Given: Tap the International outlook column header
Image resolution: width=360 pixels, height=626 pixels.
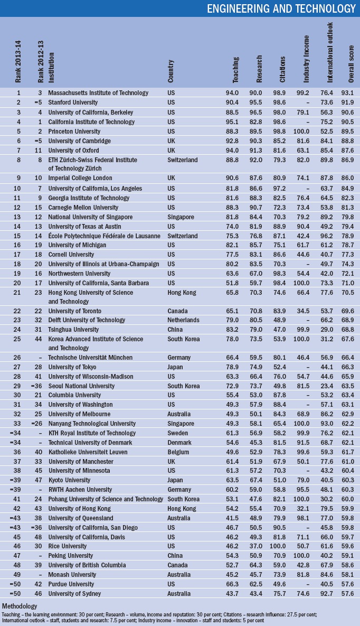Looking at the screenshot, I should [x=330, y=52].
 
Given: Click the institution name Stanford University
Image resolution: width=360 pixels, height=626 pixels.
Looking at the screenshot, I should [x=73, y=102].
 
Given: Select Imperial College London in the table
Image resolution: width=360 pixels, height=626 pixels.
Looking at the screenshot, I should [x=80, y=179].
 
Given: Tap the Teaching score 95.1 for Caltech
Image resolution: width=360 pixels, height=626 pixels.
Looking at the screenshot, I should [x=239, y=122].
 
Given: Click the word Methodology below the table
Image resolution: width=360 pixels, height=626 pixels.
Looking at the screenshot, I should [x=20, y=605].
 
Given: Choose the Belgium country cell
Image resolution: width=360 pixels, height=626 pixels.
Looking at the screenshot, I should [x=178, y=452].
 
